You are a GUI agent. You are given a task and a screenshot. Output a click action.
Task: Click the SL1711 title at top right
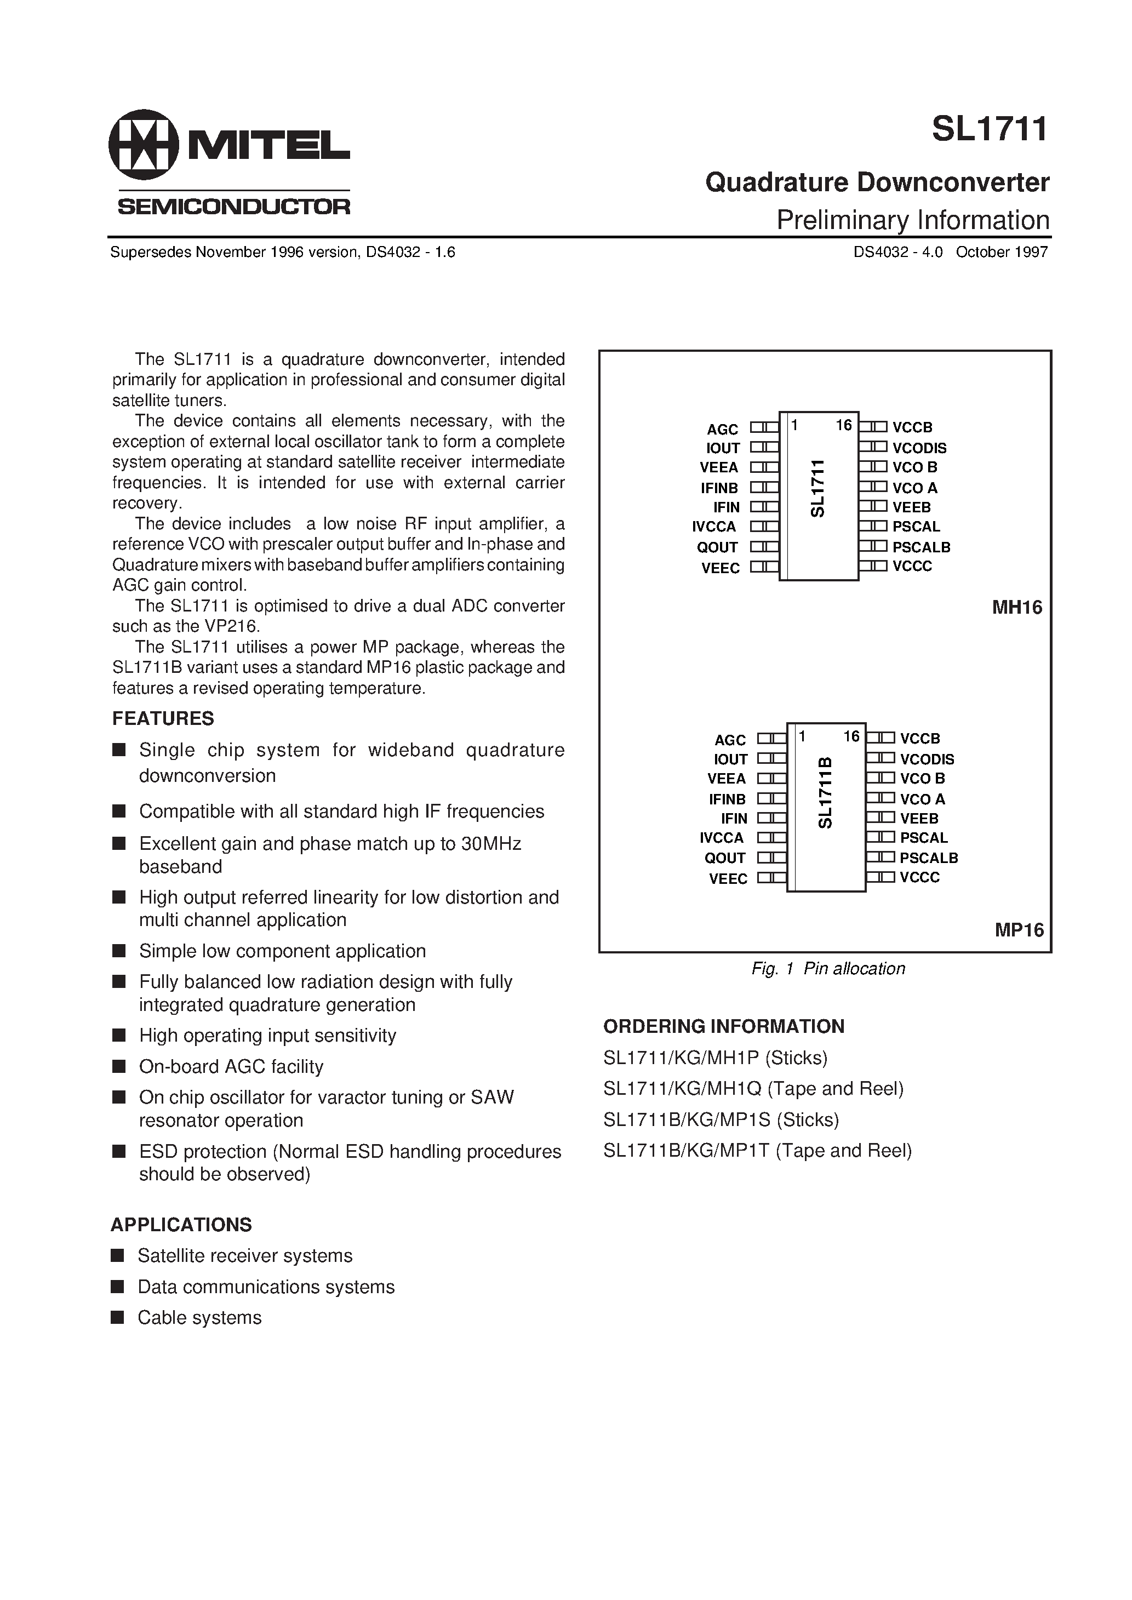(989, 130)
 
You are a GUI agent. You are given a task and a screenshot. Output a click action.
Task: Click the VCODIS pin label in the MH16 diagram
(919, 448)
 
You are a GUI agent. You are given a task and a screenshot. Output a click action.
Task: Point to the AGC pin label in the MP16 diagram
(729, 740)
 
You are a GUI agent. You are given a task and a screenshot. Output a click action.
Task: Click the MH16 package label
(1016, 608)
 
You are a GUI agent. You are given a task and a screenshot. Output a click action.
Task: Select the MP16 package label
(1019, 930)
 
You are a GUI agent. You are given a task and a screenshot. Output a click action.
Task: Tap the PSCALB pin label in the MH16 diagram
(921, 548)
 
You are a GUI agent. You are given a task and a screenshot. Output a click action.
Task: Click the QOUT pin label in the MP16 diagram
(725, 859)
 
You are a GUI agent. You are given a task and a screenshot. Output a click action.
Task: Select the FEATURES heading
(163, 718)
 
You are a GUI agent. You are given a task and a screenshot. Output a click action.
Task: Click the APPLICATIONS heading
(181, 1225)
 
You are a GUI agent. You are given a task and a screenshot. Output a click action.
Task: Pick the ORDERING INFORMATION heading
(724, 1026)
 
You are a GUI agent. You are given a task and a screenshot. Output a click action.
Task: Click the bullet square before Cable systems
(118, 1317)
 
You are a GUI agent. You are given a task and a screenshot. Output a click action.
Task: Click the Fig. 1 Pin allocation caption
(827, 969)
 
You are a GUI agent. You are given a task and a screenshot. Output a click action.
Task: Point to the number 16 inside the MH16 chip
(843, 426)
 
